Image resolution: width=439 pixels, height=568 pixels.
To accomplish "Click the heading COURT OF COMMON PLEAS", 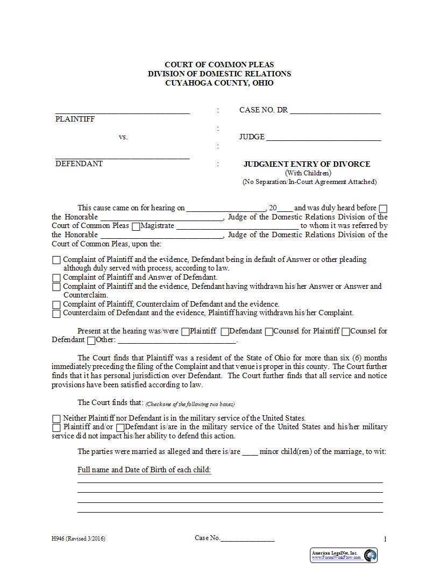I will tap(219, 65).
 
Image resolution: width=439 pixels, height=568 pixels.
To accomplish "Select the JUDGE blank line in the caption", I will tap(323, 137).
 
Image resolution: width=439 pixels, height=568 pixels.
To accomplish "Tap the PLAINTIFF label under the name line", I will tap(75, 119).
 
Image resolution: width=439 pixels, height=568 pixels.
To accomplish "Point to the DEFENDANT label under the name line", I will tap(79, 164).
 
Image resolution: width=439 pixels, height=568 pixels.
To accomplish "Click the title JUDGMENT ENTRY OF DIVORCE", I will tap(307, 164).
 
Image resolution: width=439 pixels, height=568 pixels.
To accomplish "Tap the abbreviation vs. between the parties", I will tap(123, 137).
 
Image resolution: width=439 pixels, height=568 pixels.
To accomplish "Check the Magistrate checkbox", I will tap(136, 226).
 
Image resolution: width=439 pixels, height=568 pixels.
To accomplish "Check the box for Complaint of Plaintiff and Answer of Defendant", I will tap(56, 278).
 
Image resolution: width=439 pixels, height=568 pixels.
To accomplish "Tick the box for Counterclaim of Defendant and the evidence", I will tap(56, 314).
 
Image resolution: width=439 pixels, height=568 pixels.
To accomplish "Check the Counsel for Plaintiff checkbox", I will tap(269, 332).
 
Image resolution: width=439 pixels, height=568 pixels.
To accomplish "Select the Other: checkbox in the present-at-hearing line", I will tap(91, 340).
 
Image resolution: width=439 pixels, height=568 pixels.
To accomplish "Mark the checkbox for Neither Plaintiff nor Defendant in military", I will tap(56, 418).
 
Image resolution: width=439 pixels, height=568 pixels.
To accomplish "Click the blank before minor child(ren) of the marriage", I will tap(250, 452).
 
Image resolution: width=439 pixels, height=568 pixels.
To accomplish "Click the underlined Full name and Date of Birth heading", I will tap(144, 470).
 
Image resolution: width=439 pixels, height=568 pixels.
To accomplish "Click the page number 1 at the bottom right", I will tap(385, 539).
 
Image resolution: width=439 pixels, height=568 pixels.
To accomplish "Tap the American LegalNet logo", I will tap(344, 555).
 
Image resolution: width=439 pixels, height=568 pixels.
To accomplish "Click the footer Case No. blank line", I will tap(247, 538).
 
